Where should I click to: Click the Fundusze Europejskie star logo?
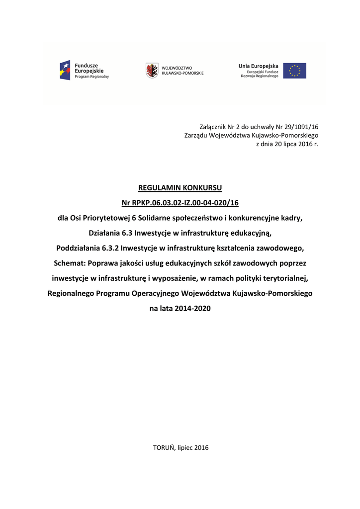tap(65, 71)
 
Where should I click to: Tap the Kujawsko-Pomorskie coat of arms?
tap(152, 71)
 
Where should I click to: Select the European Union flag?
tap(295, 71)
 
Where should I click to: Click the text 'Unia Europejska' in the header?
tap(258, 66)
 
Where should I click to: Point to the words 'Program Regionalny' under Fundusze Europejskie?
tap(92, 77)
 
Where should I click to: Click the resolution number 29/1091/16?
tap(301, 127)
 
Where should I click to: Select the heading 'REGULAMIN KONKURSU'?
tap(180, 188)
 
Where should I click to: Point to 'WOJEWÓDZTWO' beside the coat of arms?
tap(177, 68)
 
